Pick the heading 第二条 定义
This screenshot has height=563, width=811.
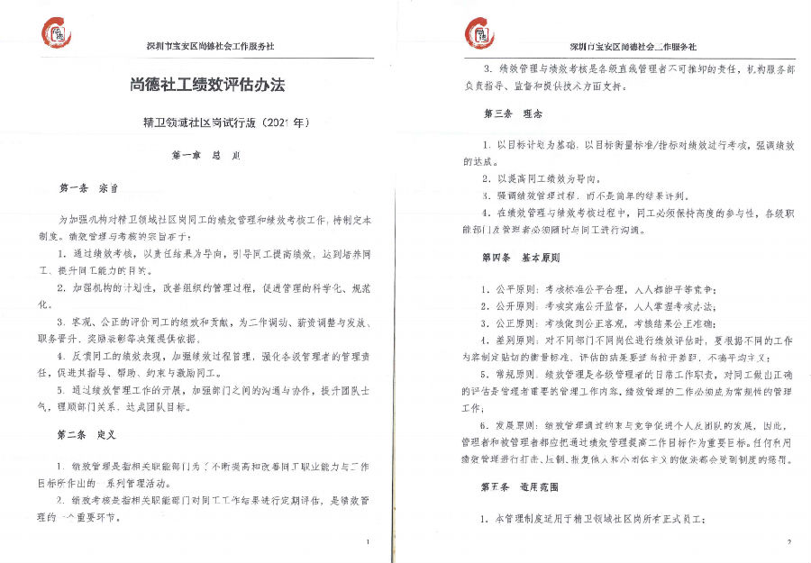[x=87, y=434]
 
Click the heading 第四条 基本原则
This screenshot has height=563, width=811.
[x=522, y=258]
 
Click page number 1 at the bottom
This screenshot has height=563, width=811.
[x=368, y=541]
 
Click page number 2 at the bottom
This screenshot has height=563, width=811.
[x=788, y=541]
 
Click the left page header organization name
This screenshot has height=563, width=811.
[x=210, y=46]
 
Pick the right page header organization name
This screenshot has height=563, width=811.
[x=633, y=46]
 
